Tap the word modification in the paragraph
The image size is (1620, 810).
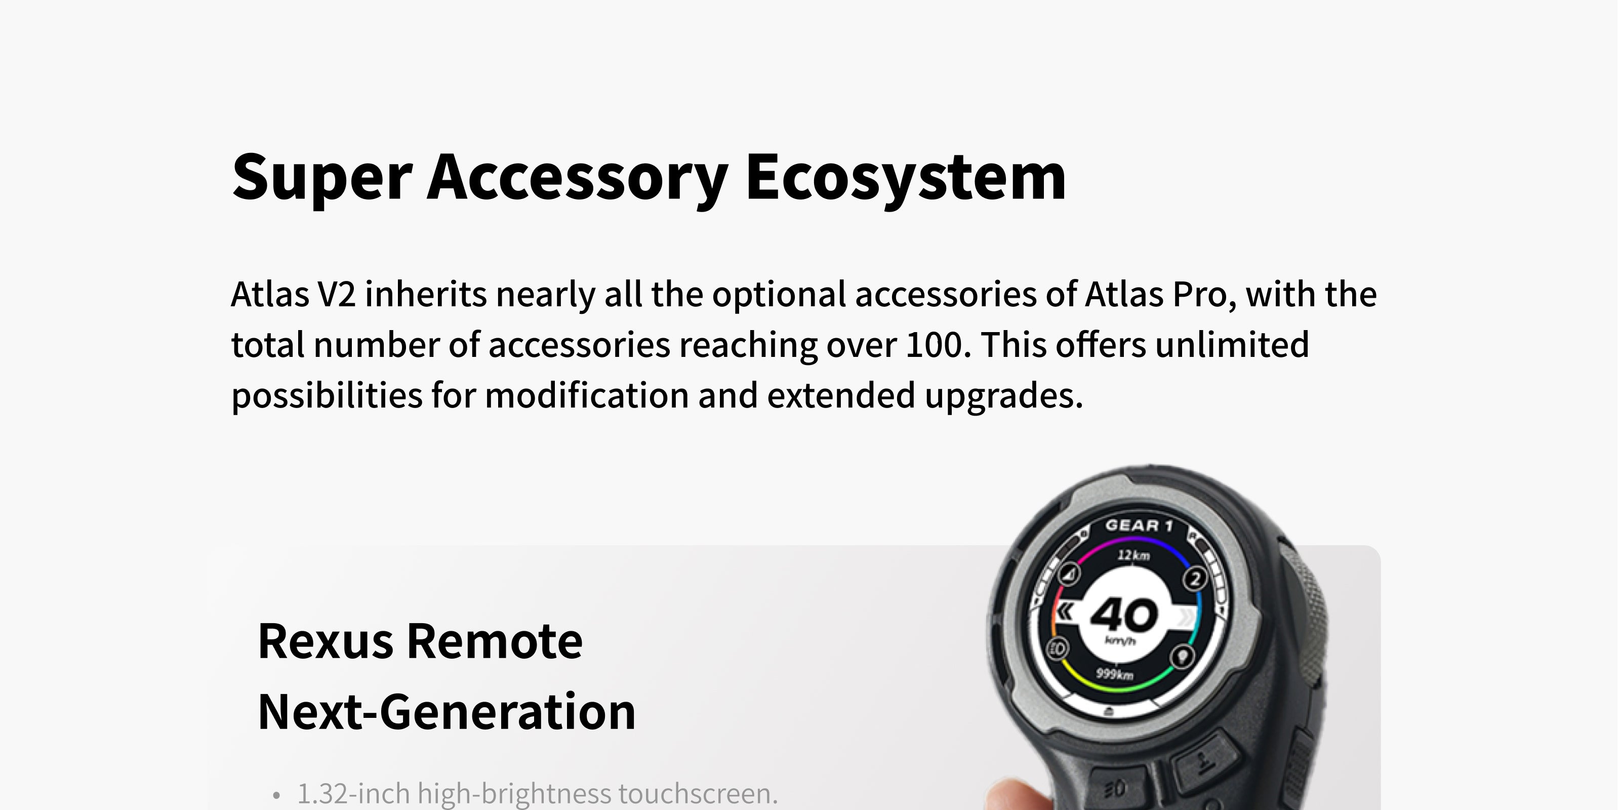587,395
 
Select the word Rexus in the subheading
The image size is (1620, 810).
326,641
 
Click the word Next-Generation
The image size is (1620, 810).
447,712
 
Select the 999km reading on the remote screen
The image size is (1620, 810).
1114,675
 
